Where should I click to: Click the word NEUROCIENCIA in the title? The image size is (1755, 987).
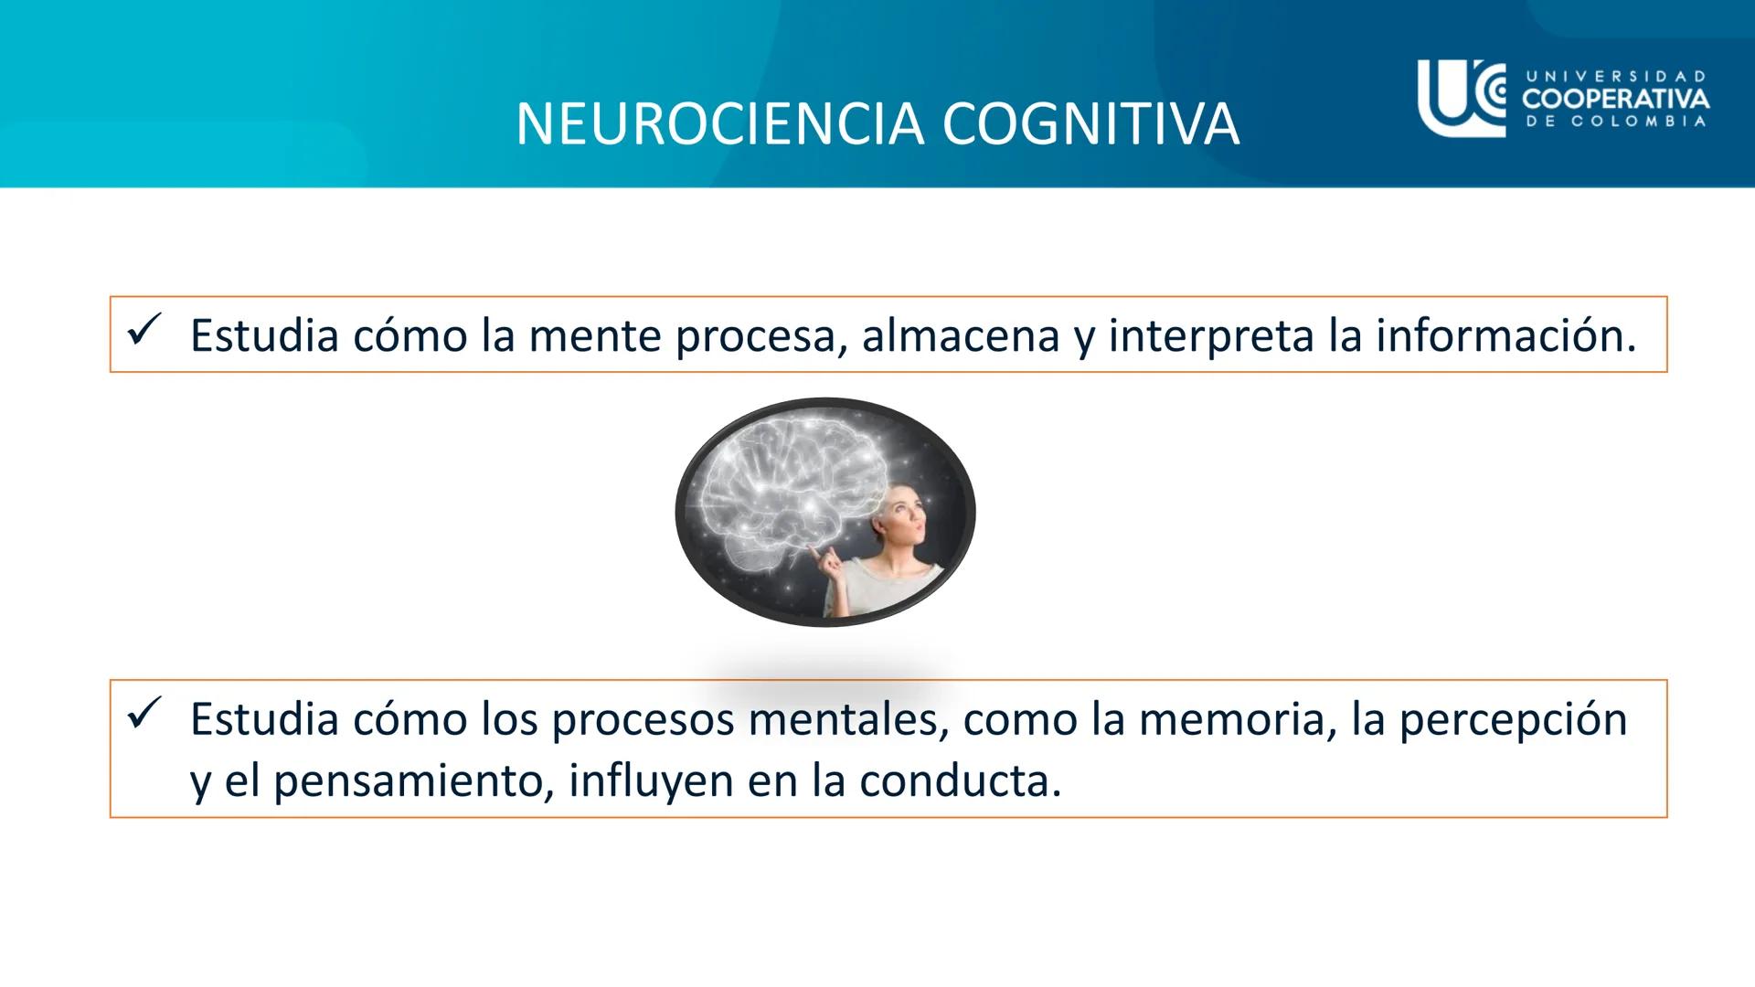(722, 124)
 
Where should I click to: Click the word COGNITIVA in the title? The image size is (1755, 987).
(1090, 124)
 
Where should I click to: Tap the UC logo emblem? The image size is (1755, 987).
(1461, 98)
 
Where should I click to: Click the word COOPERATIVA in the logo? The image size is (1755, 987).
(1615, 99)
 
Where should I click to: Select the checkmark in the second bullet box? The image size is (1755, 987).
(144, 713)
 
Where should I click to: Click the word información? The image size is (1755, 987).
(1505, 336)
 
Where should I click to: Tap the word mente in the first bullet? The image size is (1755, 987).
(595, 336)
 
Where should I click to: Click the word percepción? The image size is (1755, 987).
(1513, 720)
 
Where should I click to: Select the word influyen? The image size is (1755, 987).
(651, 781)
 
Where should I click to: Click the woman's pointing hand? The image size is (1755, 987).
(829, 566)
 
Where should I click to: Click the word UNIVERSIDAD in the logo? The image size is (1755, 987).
(1615, 77)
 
